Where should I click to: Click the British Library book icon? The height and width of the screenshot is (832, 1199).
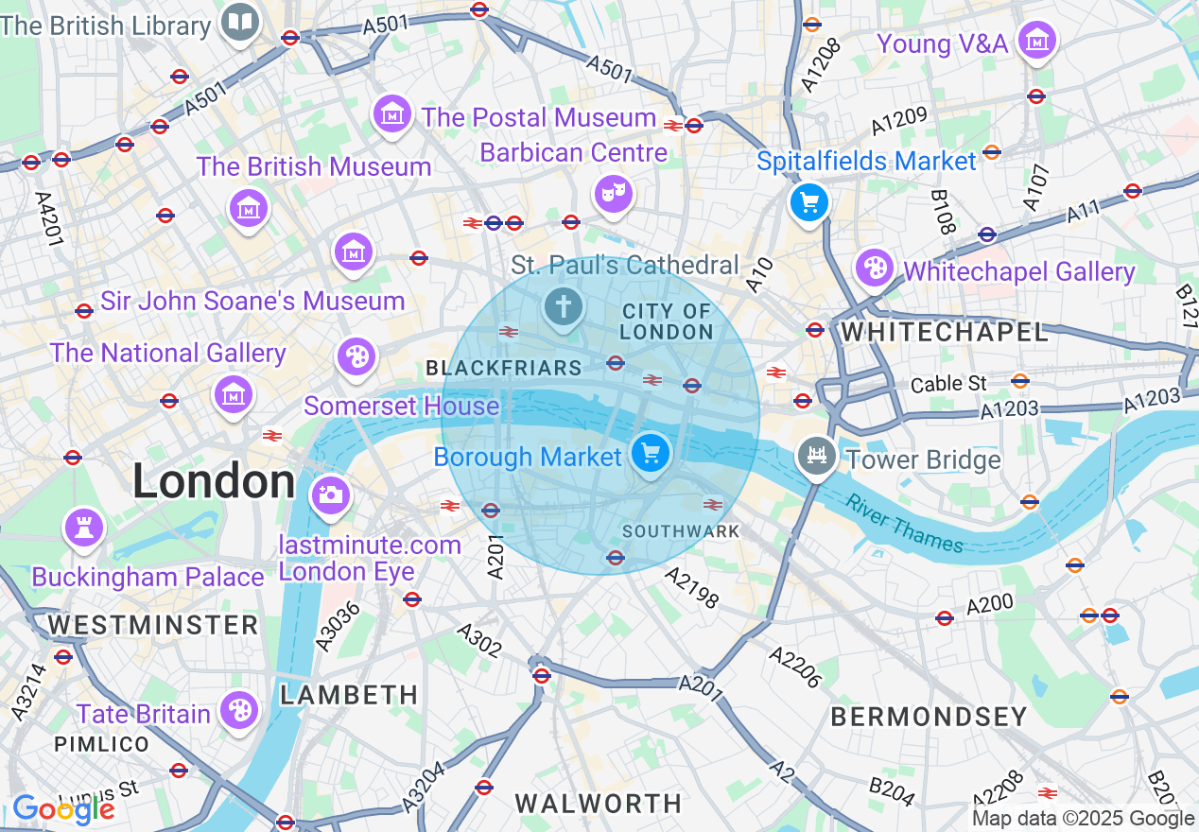click(x=240, y=22)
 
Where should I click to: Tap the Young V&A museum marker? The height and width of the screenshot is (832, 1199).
click(x=1037, y=41)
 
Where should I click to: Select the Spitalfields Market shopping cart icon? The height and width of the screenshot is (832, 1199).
click(x=808, y=202)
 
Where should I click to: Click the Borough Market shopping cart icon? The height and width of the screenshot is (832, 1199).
click(x=650, y=454)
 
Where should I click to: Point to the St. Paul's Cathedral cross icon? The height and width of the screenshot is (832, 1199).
click(x=564, y=307)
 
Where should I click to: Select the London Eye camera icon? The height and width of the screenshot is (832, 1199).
click(x=330, y=494)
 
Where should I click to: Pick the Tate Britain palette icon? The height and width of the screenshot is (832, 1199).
click(x=239, y=710)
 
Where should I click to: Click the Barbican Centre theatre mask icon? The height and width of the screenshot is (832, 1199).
click(x=612, y=195)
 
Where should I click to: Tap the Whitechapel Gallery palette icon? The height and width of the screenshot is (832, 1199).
click(x=875, y=268)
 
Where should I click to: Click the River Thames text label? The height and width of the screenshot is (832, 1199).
click(x=905, y=524)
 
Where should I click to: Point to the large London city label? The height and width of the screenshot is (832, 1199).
click(x=214, y=482)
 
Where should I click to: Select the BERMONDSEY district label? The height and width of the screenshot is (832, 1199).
click(x=929, y=717)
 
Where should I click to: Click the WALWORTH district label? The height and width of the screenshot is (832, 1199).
click(x=598, y=804)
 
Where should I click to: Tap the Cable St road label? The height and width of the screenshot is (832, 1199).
click(x=948, y=384)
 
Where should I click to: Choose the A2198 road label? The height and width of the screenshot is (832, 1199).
click(x=690, y=587)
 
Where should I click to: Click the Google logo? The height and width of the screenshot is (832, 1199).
click(x=62, y=809)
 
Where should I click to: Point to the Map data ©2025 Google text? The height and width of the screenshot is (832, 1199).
click(x=1084, y=819)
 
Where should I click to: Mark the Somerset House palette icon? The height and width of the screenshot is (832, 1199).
click(x=356, y=356)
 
